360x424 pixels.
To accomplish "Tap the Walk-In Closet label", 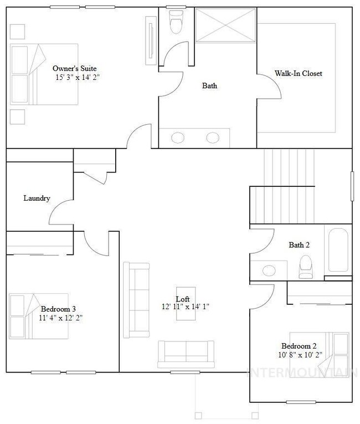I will (299, 73).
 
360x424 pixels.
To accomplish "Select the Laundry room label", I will (37, 198).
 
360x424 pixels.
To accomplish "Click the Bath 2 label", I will (299, 245).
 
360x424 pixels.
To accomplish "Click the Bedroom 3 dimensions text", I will (61, 318).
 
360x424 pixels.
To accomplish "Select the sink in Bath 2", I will (269, 270).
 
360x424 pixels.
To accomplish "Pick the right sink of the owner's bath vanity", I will (213, 138).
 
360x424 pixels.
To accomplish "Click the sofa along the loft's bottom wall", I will (186, 353).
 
